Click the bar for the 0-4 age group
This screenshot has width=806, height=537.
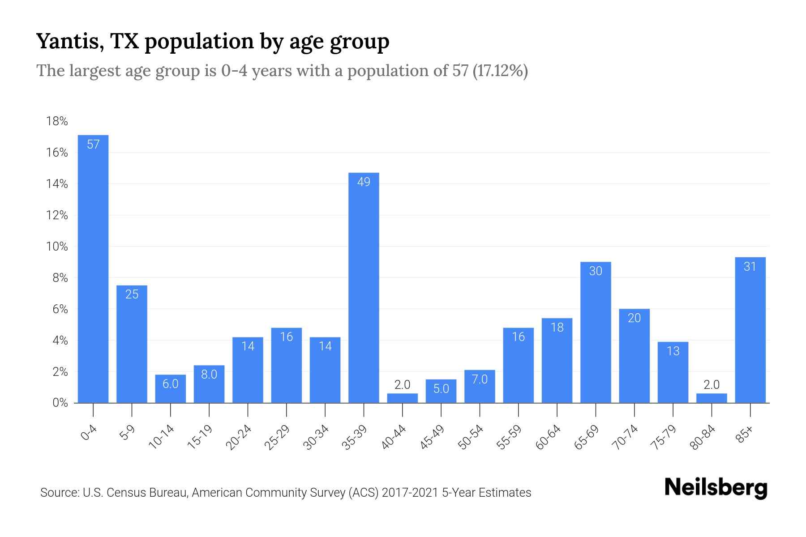(93, 268)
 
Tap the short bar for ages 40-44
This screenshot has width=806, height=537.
(402, 398)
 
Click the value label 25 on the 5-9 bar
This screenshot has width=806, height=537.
(132, 294)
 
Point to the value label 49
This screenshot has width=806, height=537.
(364, 182)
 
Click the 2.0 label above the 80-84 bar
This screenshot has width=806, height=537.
(712, 384)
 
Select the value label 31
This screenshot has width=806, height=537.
(750, 267)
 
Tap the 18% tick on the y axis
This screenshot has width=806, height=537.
(57, 121)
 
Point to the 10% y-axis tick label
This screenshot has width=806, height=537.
(57, 247)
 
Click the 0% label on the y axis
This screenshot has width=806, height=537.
(60, 403)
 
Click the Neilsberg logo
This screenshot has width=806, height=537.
(716, 488)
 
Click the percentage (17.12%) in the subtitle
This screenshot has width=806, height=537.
(500, 71)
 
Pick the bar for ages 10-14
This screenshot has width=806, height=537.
(171, 388)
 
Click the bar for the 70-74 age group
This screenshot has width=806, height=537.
(634, 356)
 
